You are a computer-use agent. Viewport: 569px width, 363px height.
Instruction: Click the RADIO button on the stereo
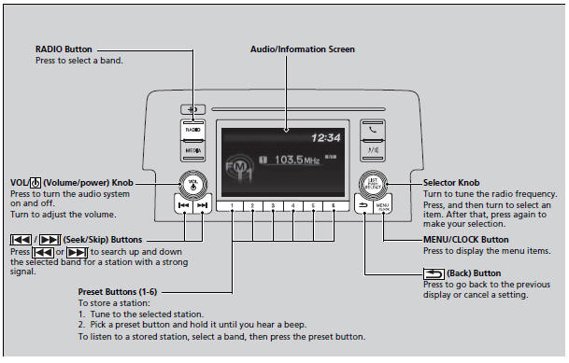click(x=193, y=130)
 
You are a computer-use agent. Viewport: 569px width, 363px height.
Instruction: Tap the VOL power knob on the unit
click(x=193, y=184)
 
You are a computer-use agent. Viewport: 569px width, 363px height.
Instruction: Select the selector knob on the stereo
click(x=373, y=185)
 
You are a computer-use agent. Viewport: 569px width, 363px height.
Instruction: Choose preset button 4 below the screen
click(x=292, y=206)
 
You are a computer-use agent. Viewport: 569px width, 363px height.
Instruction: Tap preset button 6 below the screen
click(x=334, y=206)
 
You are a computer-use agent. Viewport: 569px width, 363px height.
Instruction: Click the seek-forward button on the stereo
click(x=202, y=205)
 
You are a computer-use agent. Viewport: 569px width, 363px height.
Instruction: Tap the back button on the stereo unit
click(x=363, y=205)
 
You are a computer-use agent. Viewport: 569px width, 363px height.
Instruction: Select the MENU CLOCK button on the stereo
click(x=382, y=206)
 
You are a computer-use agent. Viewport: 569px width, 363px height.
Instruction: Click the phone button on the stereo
click(x=373, y=130)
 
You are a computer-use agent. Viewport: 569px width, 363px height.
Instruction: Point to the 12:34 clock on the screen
click(x=326, y=138)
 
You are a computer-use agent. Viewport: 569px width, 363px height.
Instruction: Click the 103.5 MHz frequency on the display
click(x=297, y=160)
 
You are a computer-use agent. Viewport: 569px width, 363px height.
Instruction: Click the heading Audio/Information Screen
click(x=303, y=49)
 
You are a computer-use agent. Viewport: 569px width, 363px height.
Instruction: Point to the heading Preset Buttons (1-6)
click(x=117, y=292)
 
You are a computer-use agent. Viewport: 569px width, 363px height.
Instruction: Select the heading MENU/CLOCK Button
click(x=466, y=240)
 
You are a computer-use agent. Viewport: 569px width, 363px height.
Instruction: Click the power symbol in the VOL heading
click(x=36, y=183)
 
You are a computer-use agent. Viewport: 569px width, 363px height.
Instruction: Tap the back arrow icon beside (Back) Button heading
click(x=434, y=273)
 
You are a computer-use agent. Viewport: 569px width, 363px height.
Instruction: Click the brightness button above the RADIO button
click(x=192, y=109)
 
